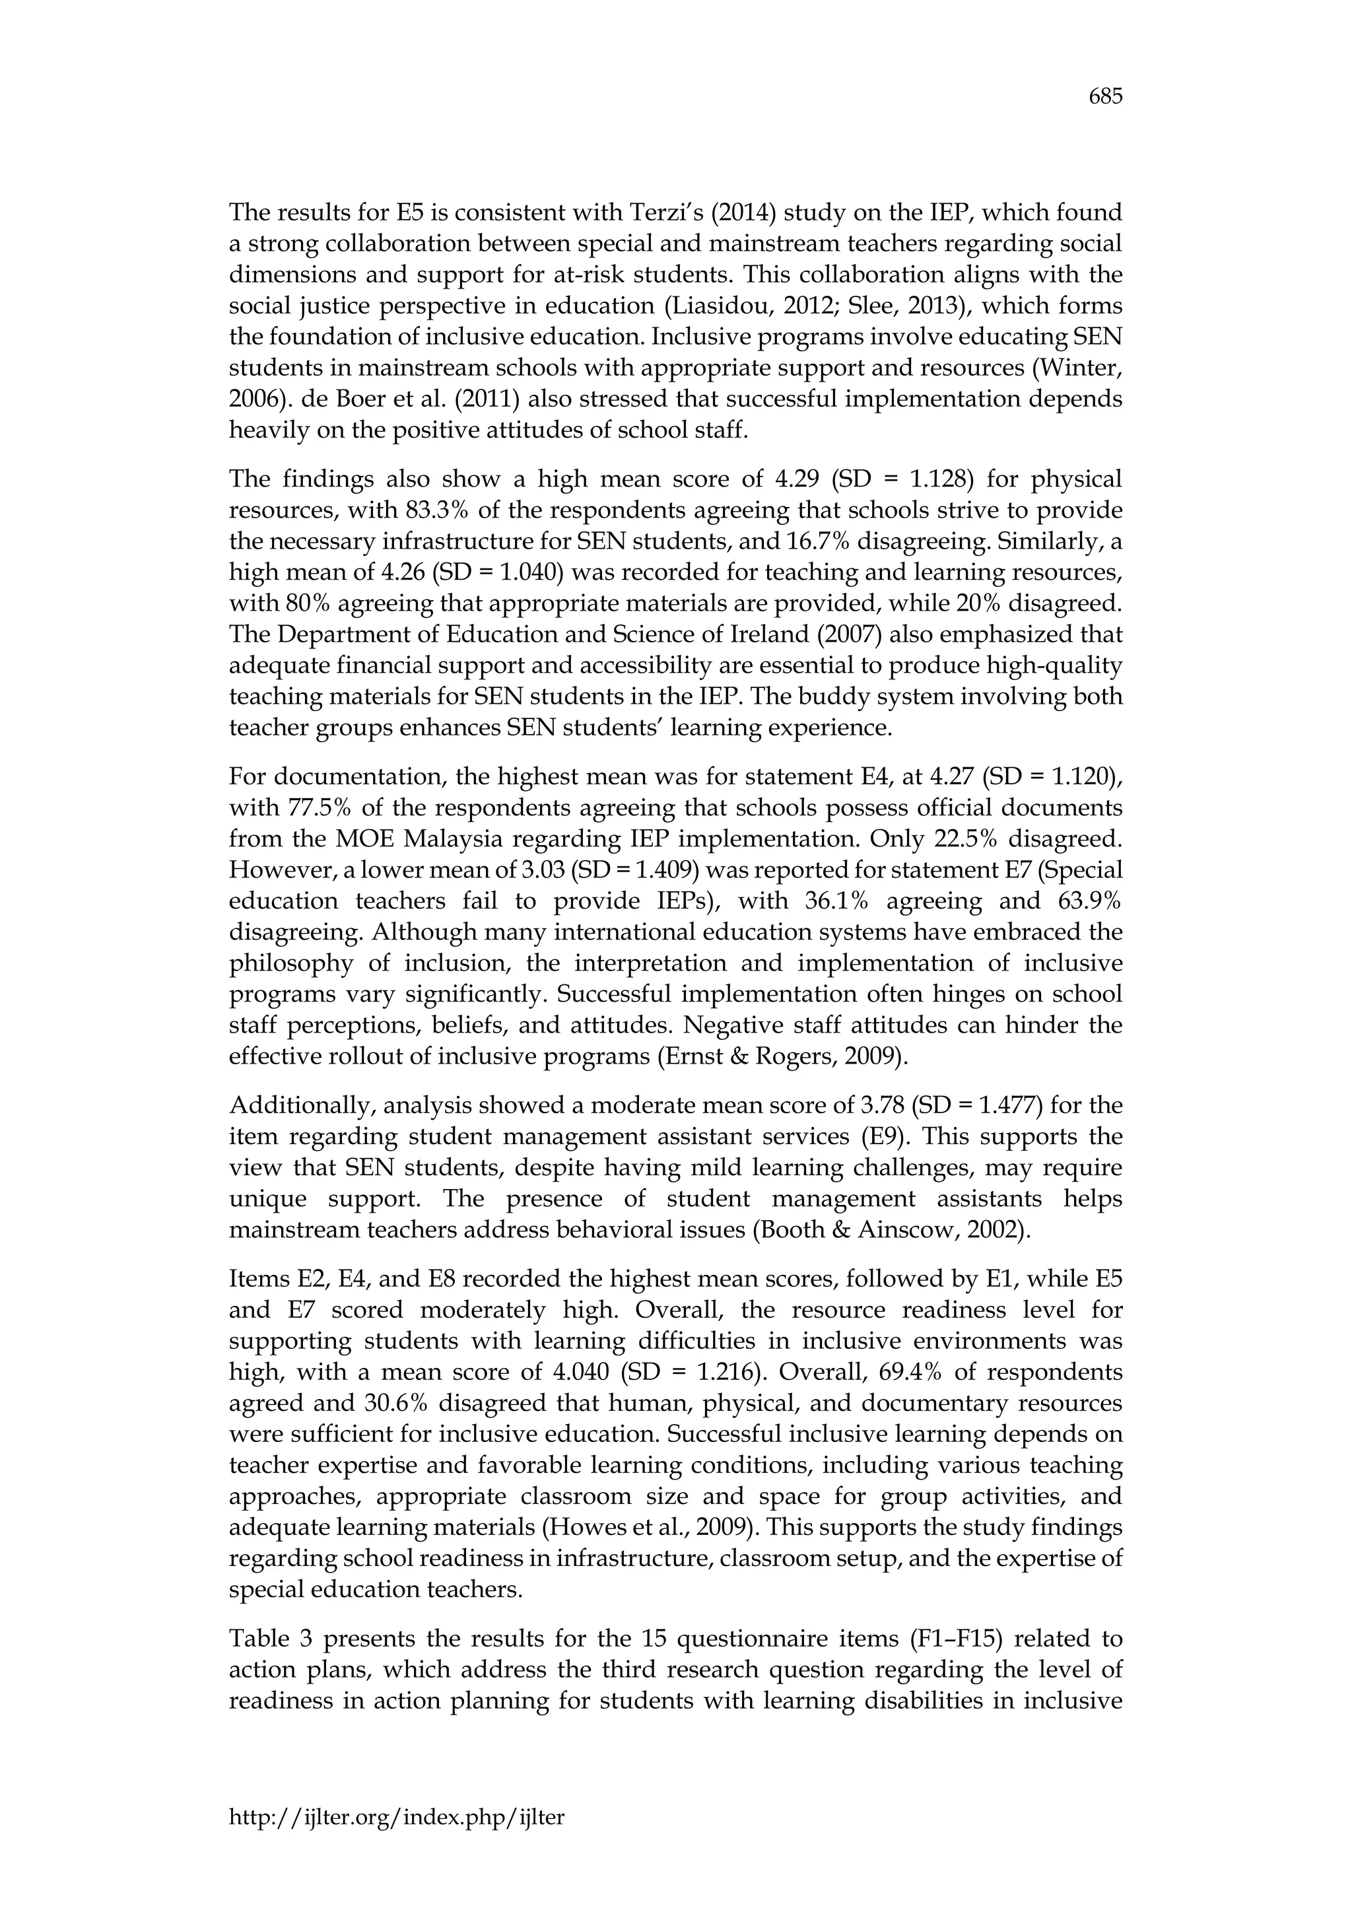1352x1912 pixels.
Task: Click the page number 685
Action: click(1106, 98)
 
